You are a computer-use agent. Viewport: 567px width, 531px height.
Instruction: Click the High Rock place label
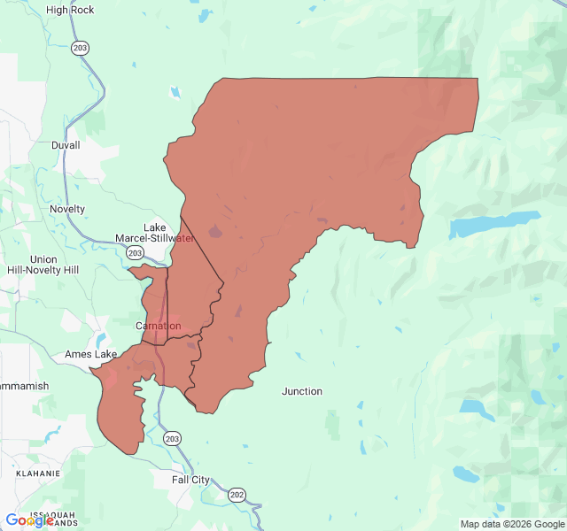coord(70,10)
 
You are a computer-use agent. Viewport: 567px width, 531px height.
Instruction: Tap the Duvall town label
coord(66,145)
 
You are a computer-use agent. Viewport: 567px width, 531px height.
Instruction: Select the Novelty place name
coord(67,209)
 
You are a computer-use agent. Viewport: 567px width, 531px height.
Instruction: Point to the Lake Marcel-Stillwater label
coord(155,233)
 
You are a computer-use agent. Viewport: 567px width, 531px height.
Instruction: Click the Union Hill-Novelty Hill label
coord(43,265)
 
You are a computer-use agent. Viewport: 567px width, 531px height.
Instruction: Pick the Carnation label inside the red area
coord(158,326)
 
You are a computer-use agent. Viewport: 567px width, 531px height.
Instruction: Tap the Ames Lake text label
coord(90,355)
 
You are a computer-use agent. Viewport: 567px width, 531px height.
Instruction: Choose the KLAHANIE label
coord(30,473)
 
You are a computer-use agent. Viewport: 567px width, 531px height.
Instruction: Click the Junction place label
coord(302,391)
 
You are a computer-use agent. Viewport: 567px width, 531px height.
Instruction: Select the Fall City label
coord(191,480)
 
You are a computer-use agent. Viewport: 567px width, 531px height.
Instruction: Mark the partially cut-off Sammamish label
coord(24,387)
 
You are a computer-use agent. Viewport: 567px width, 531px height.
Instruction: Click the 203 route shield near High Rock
coord(81,47)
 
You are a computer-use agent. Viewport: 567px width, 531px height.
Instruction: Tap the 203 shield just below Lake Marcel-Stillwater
coord(135,253)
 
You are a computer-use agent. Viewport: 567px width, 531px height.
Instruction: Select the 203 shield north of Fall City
coord(172,439)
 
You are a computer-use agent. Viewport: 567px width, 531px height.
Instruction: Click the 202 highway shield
coord(237,494)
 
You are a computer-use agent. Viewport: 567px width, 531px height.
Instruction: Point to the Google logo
coord(29,520)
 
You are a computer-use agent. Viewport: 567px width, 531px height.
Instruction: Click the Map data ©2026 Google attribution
coord(511,524)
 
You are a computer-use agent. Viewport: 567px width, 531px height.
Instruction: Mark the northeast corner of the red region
coord(478,79)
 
